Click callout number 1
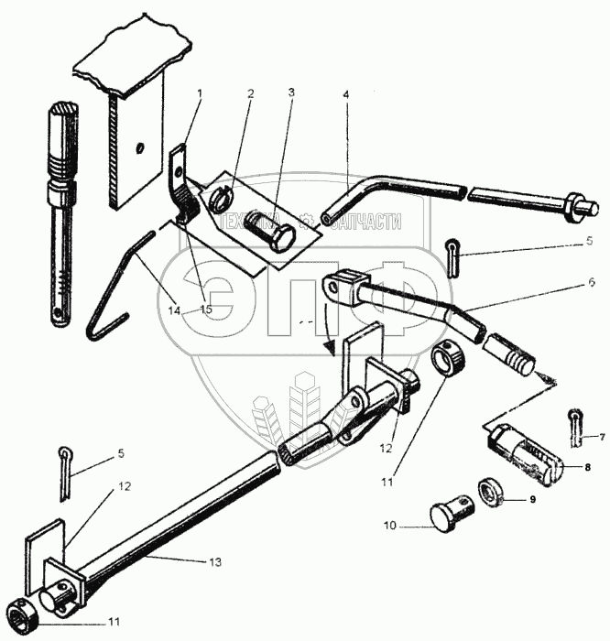coord(200,92)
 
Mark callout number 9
coord(529,500)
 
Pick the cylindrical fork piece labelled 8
coord(524,455)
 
